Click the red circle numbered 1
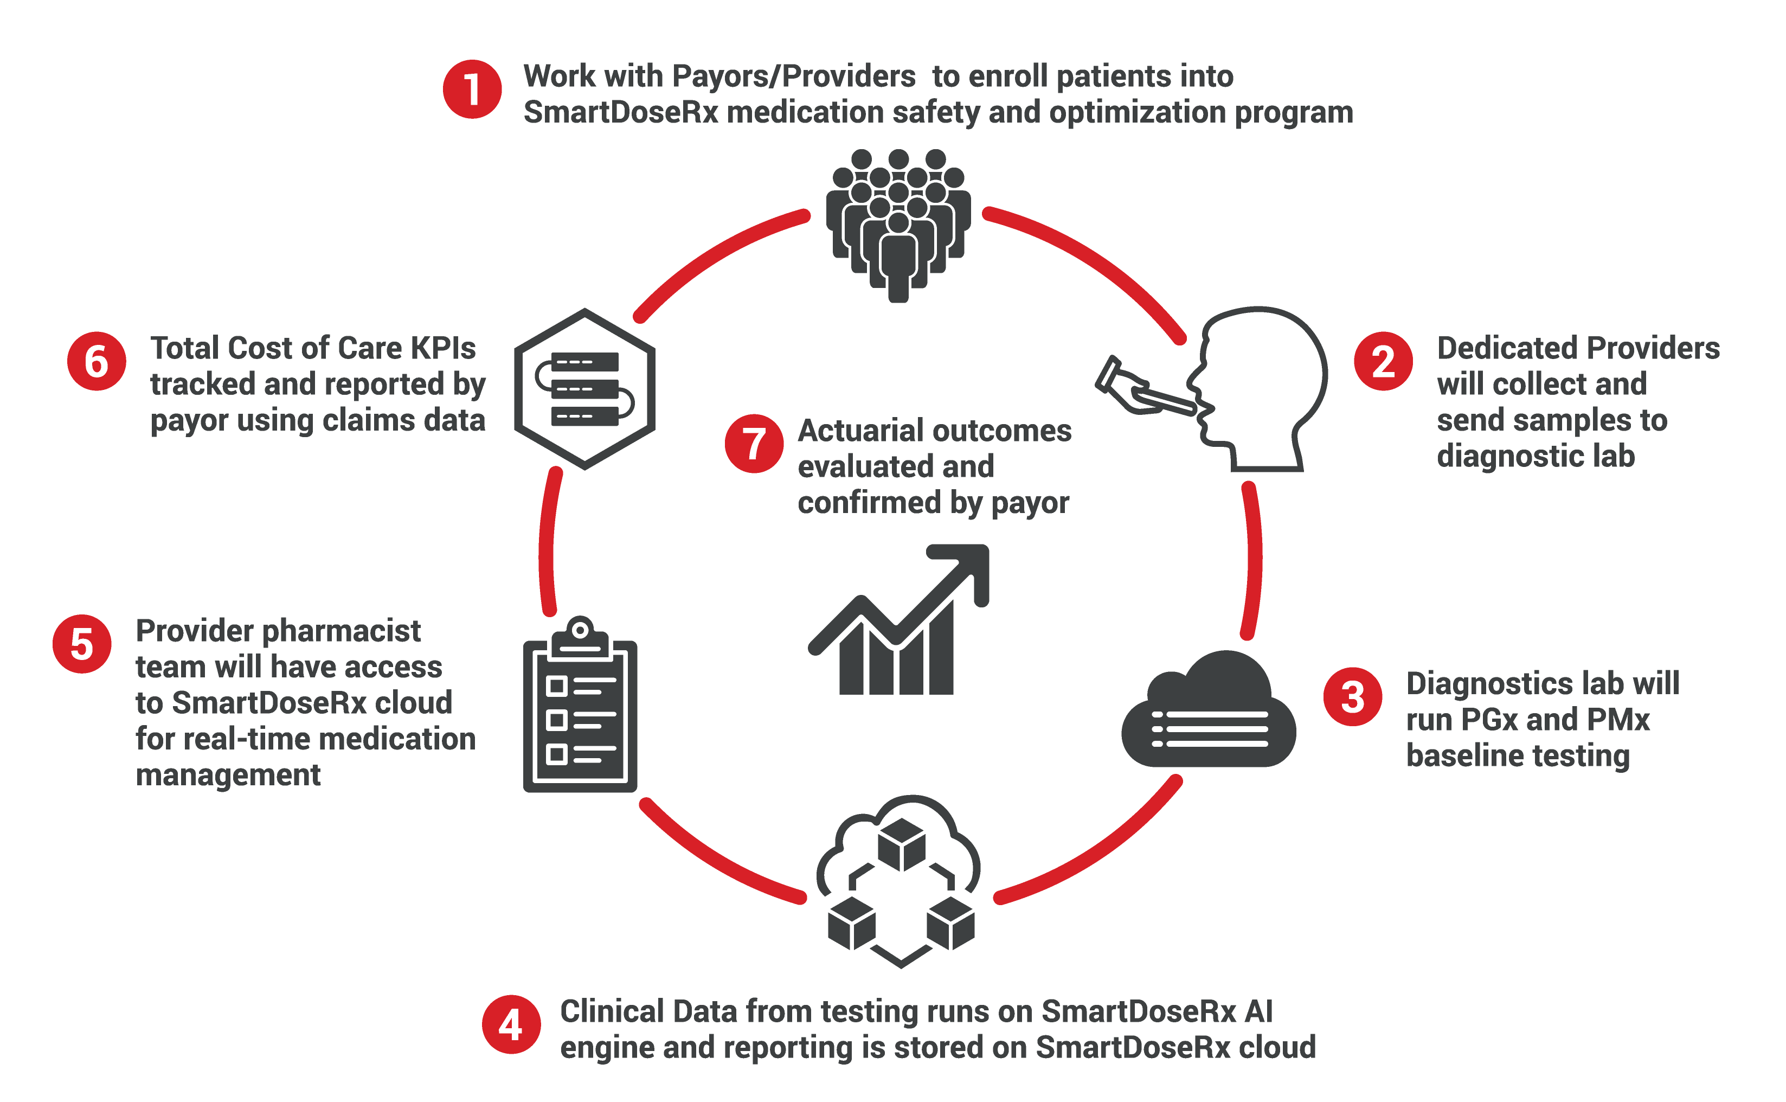472,89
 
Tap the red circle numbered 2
1383,362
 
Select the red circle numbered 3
1352,697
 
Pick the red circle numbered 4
511,1025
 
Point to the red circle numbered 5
82,644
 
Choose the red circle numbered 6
96,362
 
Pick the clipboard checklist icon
580,707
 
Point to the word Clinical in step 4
612,1011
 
